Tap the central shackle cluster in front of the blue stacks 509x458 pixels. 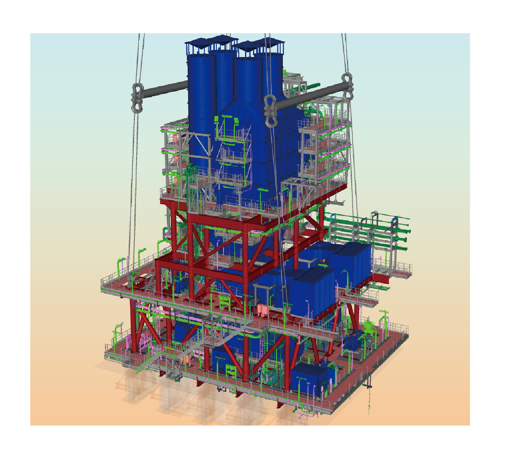pos(270,111)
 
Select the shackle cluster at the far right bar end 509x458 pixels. pos(347,85)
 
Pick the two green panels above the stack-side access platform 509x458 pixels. pos(227,120)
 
